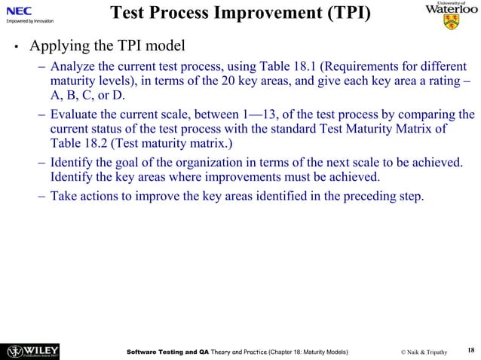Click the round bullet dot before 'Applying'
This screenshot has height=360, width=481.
pyautogui.click(x=14, y=46)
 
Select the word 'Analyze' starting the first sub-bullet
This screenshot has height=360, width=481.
pyautogui.click(x=72, y=64)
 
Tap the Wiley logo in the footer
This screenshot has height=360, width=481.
pyautogui.click(x=33, y=350)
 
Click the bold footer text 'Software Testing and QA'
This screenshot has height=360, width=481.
pyautogui.click(x=167, y=351)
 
